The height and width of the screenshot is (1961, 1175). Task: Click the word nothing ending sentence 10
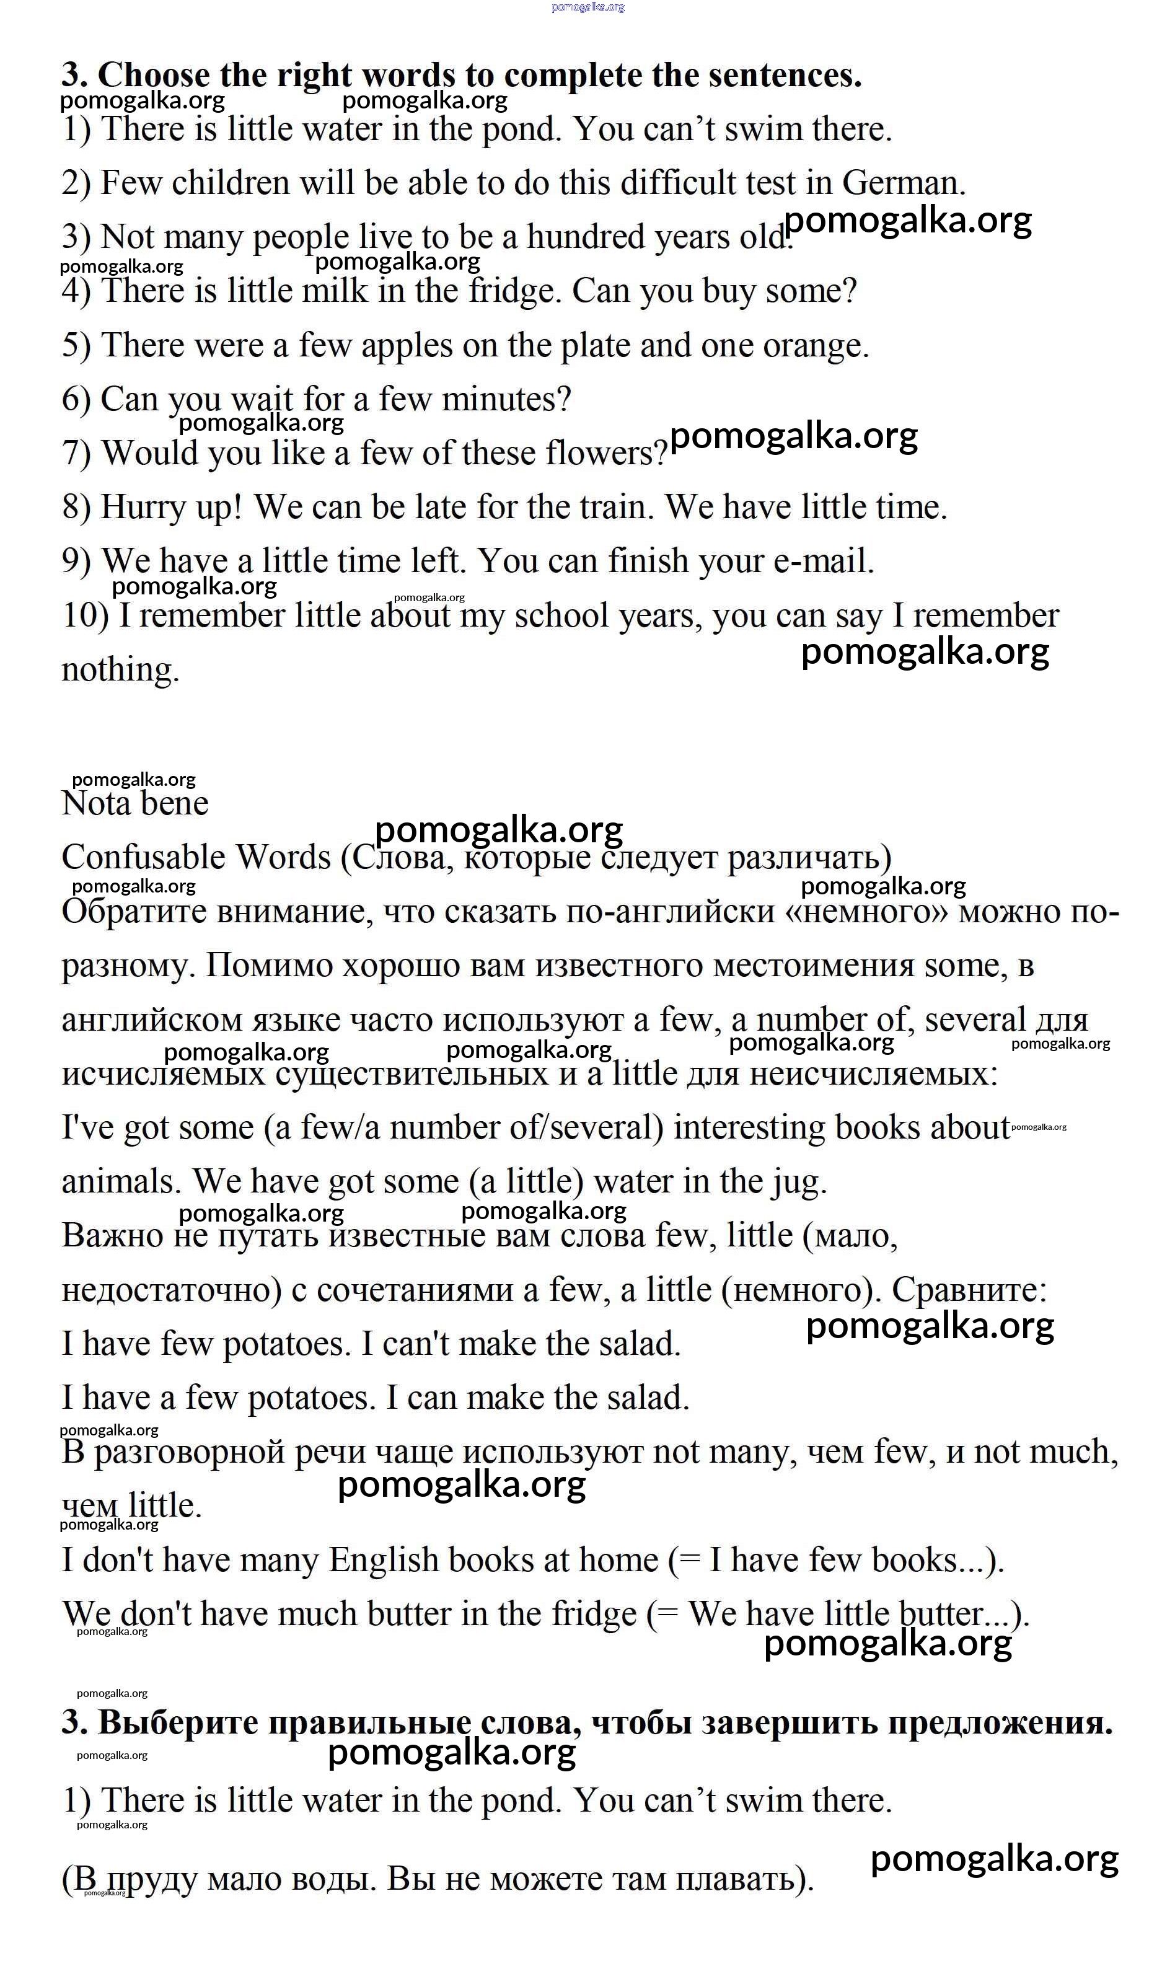(120, 670)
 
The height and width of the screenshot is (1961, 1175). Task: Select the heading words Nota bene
(134, 804)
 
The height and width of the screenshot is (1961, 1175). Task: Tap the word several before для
(975, 1021)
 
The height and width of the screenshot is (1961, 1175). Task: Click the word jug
(801, 1183)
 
